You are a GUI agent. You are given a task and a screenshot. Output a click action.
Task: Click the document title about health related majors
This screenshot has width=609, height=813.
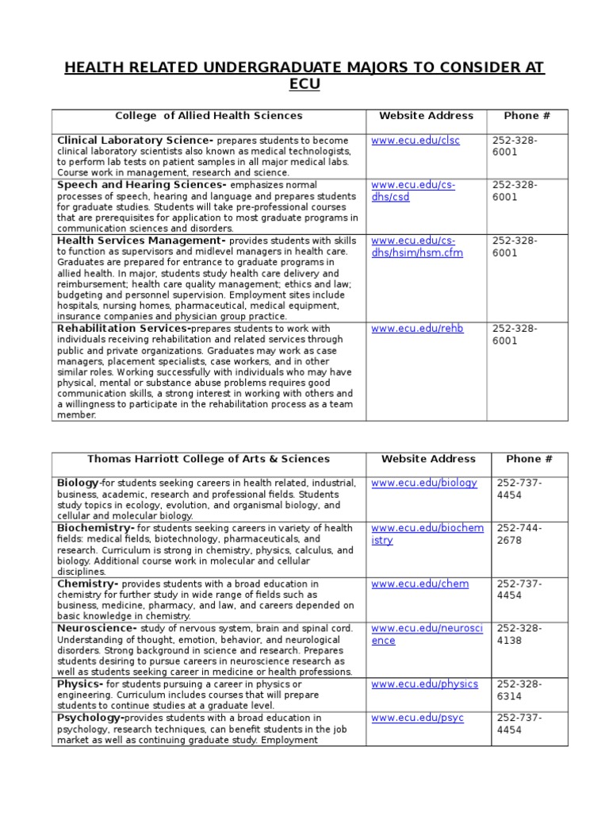click(x=304, y=76)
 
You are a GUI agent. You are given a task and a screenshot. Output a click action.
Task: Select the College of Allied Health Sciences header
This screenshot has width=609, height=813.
click(x=209, y=116)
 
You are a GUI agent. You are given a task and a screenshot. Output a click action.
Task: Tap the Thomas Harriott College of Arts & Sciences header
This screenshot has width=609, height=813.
click(x=209, y=459)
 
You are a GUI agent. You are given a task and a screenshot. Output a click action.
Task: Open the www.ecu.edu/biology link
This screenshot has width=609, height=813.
click(x=424, y=483)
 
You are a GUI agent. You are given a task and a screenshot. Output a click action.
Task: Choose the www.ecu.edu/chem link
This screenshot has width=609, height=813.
click(x=419, y=584)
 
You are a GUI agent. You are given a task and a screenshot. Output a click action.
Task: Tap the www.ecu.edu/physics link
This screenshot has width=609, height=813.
click(x=424, y=684)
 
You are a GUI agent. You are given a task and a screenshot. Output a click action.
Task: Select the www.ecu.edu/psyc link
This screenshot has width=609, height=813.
click(x=417, y=718)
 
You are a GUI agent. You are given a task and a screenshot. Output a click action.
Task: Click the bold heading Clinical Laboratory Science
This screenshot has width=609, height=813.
click(x=136, y=141)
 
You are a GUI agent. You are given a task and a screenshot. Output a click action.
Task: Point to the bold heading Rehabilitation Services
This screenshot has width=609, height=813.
click(x=123, y=328)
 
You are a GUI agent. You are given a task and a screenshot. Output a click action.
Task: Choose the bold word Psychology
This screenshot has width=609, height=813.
click(x=90, y=718)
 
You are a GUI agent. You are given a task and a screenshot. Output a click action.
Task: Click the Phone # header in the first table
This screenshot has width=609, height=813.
click(x=527, y=116)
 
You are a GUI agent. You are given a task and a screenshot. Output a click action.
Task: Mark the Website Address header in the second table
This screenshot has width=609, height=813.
click(x=428, y=459)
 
